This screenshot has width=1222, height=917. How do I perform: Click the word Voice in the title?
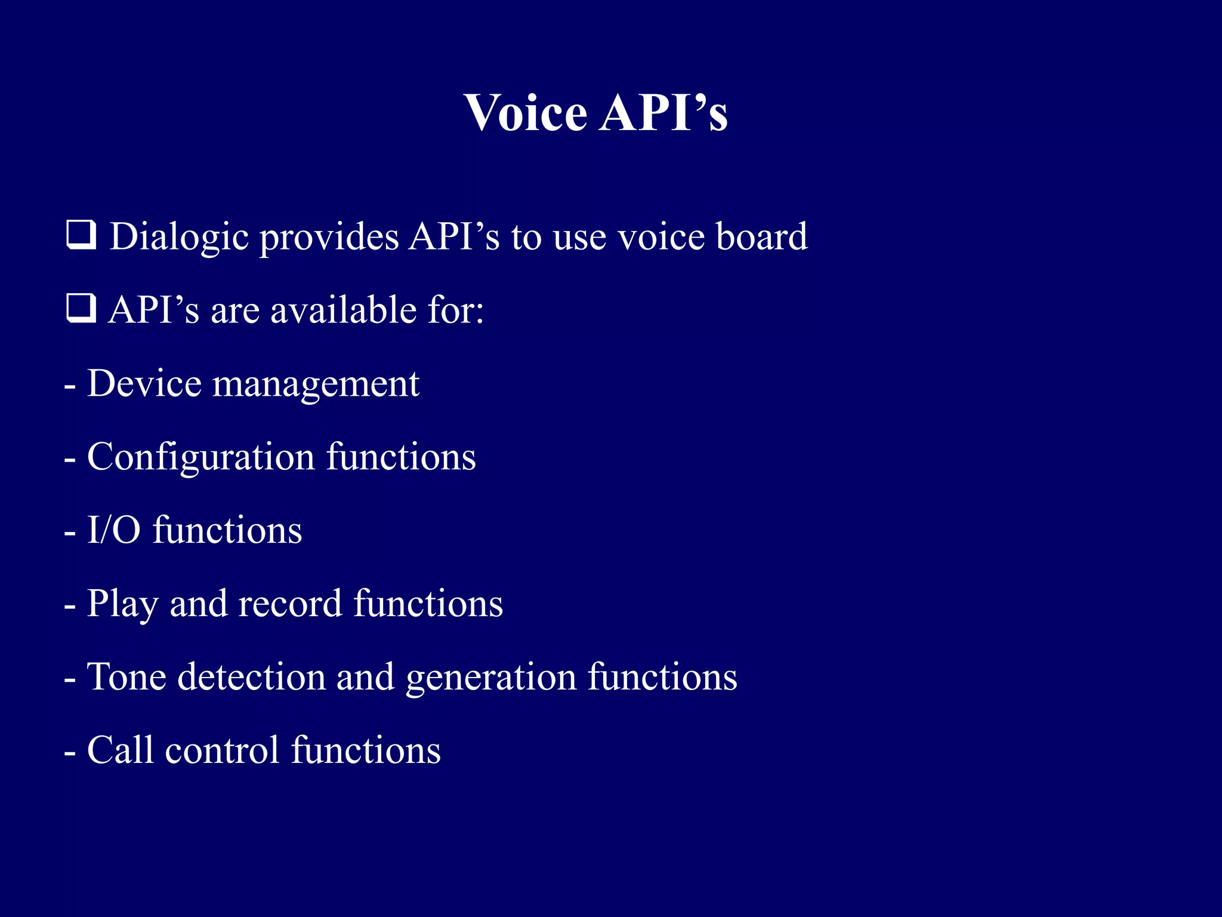tap(525, 113)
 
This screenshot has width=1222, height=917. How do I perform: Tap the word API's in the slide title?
tap(664, 113)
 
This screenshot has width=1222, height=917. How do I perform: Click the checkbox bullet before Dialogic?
tap(81, 235)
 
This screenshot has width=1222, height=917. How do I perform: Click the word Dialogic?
tap(179, 237)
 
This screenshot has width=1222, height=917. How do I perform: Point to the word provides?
tap(329, 237)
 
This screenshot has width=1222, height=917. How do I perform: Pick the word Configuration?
tap(200, 458)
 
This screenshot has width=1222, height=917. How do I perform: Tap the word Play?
tap(122, 604)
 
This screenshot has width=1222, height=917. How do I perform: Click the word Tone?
tap(126, 677)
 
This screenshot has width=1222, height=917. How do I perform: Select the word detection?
tap(252, 677)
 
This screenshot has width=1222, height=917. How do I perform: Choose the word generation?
tap(491, 678)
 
